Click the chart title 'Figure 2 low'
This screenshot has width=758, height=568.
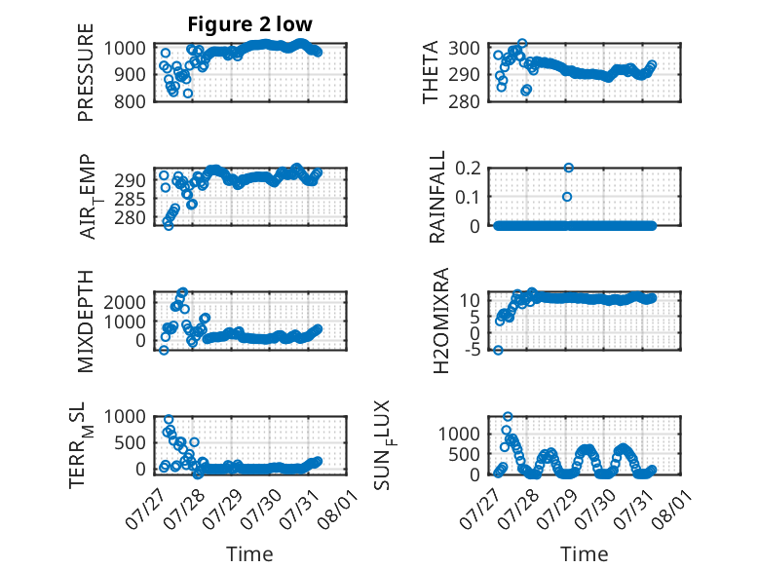pos(250,24)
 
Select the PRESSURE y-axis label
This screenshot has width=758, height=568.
pos(85,72)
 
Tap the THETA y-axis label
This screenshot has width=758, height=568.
pos(430,72)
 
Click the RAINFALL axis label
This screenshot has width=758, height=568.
pos(436,197)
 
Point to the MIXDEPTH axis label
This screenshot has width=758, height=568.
pos(85,321)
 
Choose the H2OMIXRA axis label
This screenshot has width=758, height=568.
pos(441,321)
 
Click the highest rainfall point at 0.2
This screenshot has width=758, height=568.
pos(569,168)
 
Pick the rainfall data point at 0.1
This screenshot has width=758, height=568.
pos(567,197)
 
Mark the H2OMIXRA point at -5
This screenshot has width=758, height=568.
pos(498,350)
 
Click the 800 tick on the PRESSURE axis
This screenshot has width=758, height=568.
pos(130,101)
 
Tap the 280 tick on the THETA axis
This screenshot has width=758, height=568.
pos(464,101)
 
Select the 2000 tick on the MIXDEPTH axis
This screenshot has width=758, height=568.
pos(125,302)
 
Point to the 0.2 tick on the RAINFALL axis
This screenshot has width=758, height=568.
pos(468,169)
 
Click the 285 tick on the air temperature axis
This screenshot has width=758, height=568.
pos(130,199)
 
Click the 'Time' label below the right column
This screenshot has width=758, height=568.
pos(584,553)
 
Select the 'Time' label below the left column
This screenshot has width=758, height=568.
pos(249,553)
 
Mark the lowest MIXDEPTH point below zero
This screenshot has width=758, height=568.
pos(164,350)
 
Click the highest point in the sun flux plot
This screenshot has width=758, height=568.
pos(508,416)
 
